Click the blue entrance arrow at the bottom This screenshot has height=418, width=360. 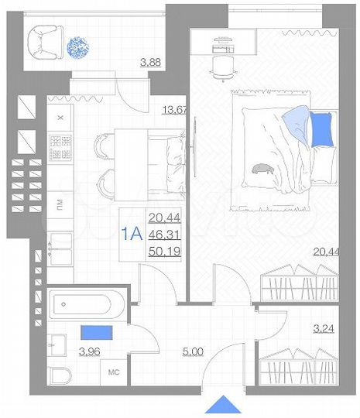coord(226,405)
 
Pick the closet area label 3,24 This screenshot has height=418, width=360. coord(324,329)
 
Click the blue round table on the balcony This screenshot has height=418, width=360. coord(79,47)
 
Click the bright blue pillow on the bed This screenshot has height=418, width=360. coord(321,128)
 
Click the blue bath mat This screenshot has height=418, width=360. coord(96,332)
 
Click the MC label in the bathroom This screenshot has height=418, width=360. coord(113,372)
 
